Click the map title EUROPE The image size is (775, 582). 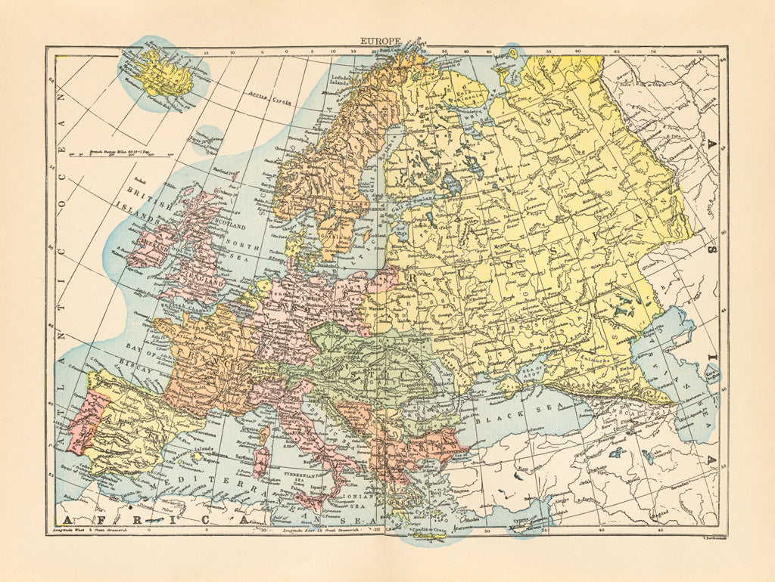pos(380,42)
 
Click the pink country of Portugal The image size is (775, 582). pos(82,427)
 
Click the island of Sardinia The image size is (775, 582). pos(260,463)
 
